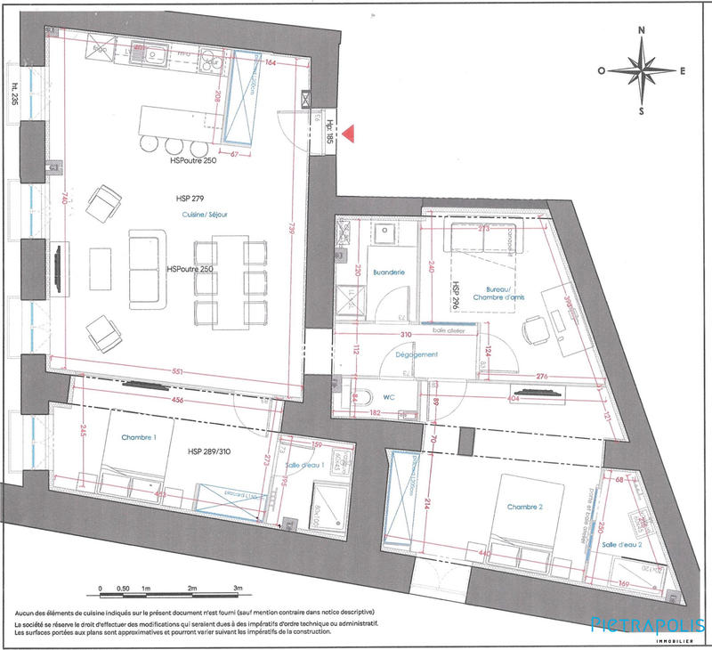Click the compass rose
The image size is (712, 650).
(641, 70)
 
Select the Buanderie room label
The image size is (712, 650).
(390, 272)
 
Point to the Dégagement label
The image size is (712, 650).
(415, 354)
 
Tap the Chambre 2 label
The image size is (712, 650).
(524, 507)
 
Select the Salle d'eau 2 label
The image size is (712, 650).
(620, 544)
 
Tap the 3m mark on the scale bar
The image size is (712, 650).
(238, 589)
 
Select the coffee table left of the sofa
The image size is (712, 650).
(101, 268)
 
